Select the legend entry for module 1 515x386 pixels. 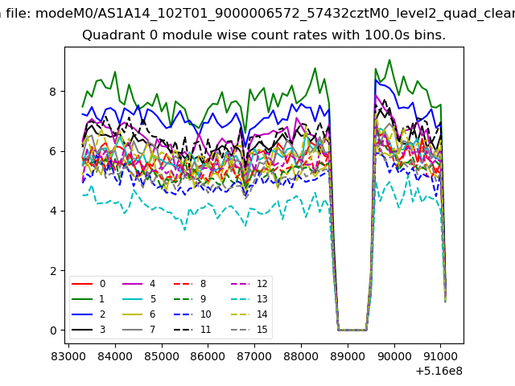pyautogui.click(x=88, y=299)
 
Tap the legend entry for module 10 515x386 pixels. pyautogui.click(x=192, y=314)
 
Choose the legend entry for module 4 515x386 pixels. pyautogui.click(x=138, y=284)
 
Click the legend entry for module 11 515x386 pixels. pyautogui.click(x=192, y=330)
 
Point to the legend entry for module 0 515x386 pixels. pyautogui.click(x=88, y=284)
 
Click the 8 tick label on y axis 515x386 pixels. pyautogui.click(x=53, y=92)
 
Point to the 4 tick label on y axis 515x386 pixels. pyautogui.click(x=53, y=211)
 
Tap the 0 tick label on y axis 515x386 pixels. pyautogui.click(x=53, y=331)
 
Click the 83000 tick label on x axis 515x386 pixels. pyautogui.click(x=68, y=356)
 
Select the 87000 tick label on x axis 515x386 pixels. pyautogui.click(x=254, y=356)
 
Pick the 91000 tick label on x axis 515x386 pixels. pyautogui.click(x=440, y=356)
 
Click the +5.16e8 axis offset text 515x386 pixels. pyautogui.click(x=439, y=371)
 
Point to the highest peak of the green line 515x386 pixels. pyautogui.click(x=389, y=60)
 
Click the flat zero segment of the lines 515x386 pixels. pyautogui.click(x=352, y=330)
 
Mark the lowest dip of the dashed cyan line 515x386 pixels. pyautogui.click(x=185, y=230)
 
